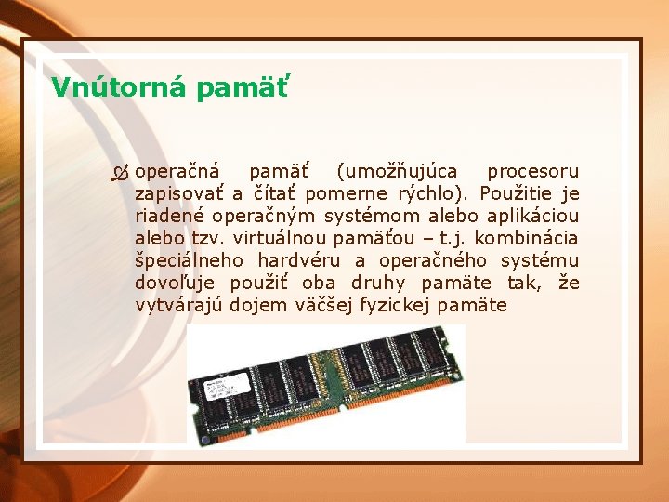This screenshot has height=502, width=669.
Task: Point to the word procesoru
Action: (x=533, y=172)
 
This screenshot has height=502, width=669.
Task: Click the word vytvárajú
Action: (x=178, y=305)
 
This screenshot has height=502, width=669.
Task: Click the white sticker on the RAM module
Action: (x=221, y=386)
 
